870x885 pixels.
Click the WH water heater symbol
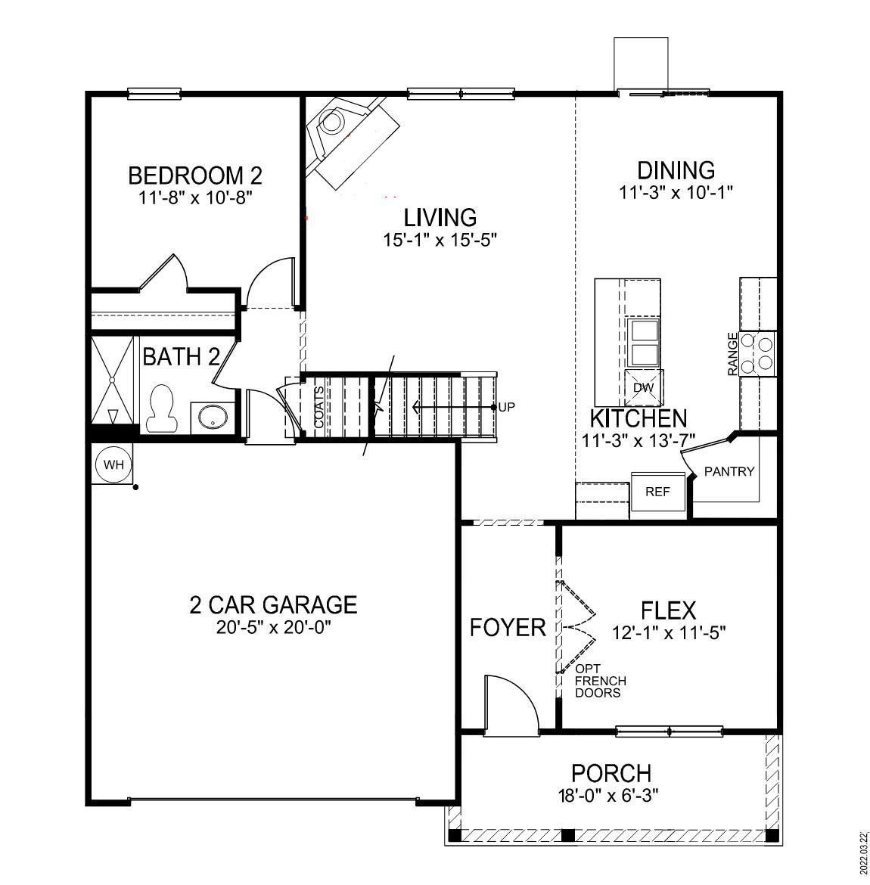[x=113, y=464]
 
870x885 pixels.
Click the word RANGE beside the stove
[x=732, y=354]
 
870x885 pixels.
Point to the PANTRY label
[x=729, y=472]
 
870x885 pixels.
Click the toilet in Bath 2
[x=160, y=408]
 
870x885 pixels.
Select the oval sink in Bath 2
[x=211, y=417]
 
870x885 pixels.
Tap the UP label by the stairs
[x=507, y=408]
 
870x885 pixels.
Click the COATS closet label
[x=319, y=408]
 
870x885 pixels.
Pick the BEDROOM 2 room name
[x=194, y=176]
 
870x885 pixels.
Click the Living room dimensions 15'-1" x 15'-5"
[x=440, y=240]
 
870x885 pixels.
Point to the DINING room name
[x=676, y=170]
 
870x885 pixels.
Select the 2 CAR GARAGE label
[x=272, y=605]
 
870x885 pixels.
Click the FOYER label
[x=507, y=628]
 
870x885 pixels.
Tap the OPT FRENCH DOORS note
[x=600, y=681]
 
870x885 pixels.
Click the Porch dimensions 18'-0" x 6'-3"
[x=611, y=796]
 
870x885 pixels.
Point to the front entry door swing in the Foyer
[x=508, y=705]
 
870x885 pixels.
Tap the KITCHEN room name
[x=639, y=418]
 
